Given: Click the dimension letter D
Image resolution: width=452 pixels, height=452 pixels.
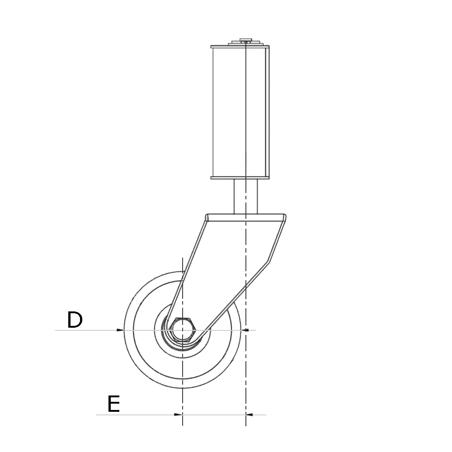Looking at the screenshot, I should click(x=75, y=320).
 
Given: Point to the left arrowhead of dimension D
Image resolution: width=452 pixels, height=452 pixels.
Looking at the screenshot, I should click(x=120, y=330).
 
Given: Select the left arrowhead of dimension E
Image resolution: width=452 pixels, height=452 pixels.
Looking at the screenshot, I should click(x=179, y=414).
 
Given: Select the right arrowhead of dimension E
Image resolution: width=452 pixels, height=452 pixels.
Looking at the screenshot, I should click(x=249, y=414).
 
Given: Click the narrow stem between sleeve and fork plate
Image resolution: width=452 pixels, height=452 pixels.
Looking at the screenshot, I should click(x=245, y=197).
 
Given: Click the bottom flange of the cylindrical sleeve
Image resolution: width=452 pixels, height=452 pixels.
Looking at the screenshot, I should click(x=240, y=178).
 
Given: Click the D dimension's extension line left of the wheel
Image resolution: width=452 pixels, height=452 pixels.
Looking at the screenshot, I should click(x=86, y=330).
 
